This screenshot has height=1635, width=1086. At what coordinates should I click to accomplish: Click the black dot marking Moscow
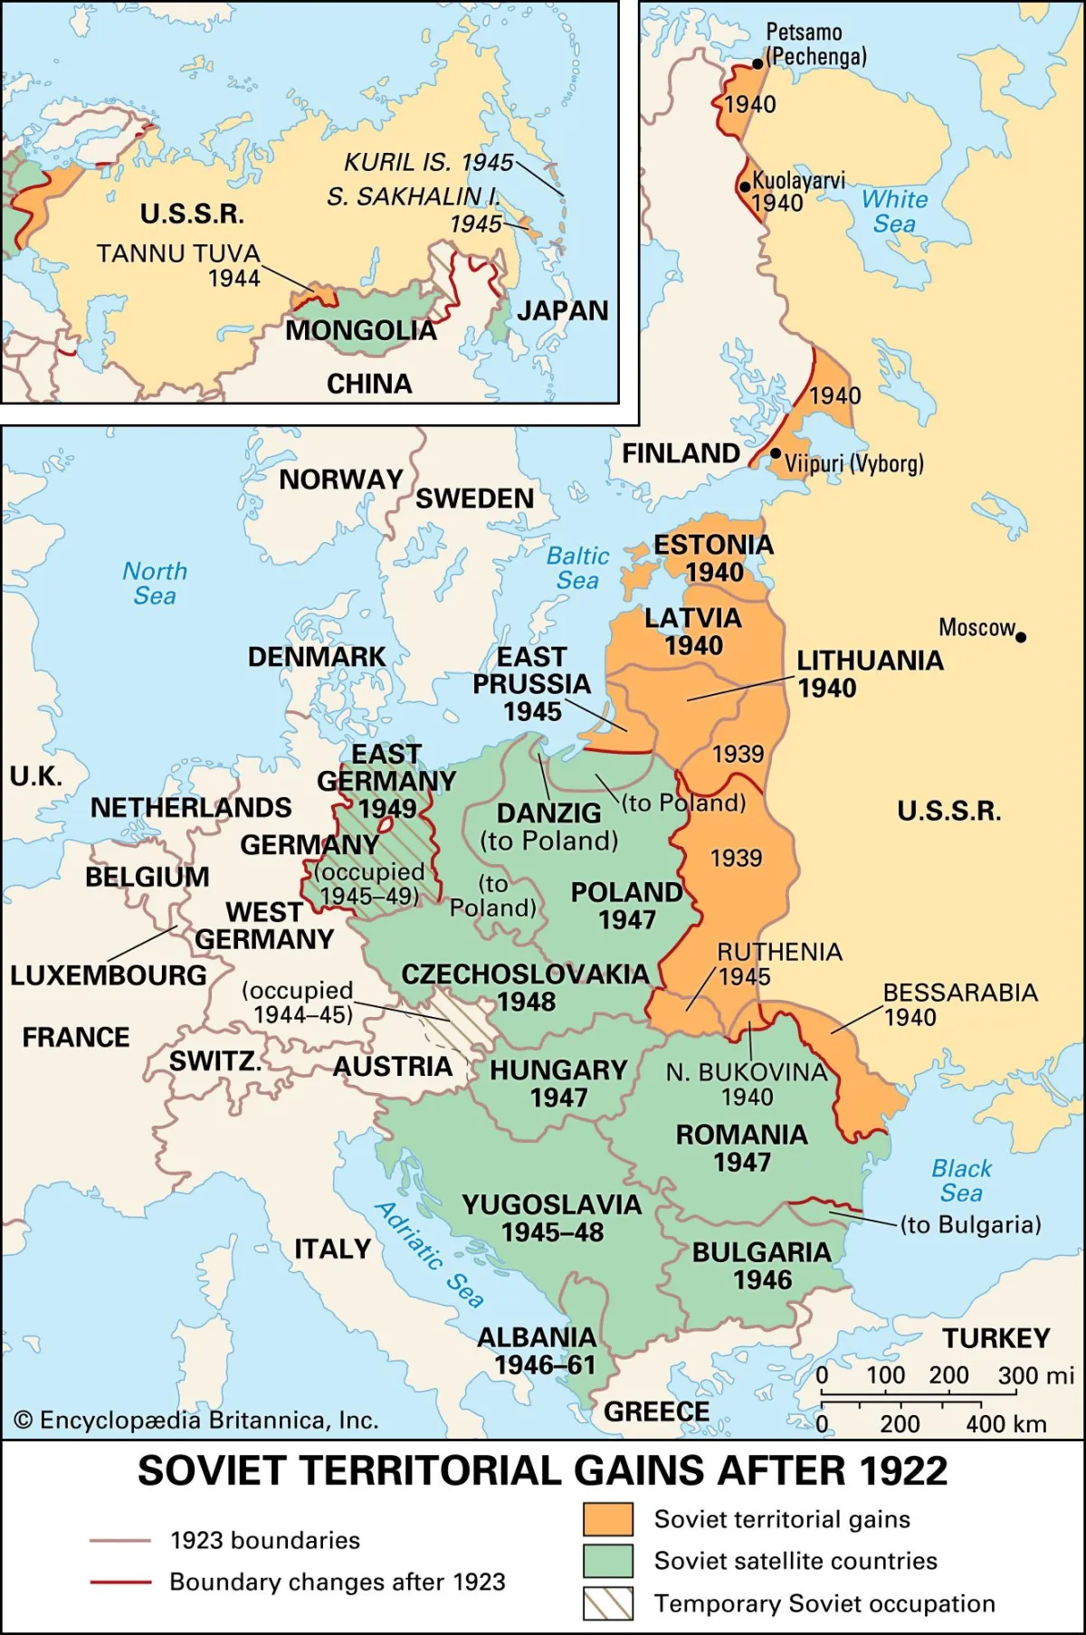click(x=1021, y=637)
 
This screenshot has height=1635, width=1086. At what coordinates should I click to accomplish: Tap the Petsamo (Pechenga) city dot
click(x=757, y=63)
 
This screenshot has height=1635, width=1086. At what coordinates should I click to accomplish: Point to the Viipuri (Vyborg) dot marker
click(x=776, y=453)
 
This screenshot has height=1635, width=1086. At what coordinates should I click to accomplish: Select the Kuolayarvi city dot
click(x=745, y=187)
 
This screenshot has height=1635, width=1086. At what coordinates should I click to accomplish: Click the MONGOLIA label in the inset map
click(x=360, y=331)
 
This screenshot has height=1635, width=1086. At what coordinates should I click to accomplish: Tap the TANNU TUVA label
click(x=178, y=253)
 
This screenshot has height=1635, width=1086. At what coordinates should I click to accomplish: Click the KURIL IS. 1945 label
click(x=428, y=162)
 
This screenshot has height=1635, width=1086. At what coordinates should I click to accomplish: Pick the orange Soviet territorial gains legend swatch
click(x=607, y=1519)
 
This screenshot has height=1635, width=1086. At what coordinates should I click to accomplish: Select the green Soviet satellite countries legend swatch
click(x=607, y=1561)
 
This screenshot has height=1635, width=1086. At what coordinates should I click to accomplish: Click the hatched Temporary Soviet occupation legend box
click(x=607, y=1603)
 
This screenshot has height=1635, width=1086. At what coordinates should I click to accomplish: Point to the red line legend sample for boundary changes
click(x=120, y=1583)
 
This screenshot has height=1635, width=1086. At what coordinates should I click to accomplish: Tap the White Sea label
click(x=894, y=211)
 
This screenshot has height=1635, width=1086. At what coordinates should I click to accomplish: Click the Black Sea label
click(x=961, y=1181)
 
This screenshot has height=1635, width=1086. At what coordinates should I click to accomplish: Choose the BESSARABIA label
click(x=960, y=993)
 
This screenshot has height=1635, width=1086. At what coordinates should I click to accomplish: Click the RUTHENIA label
click(x=779, y=952)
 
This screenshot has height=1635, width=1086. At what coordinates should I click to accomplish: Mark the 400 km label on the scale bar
click(x=1005, y=1424)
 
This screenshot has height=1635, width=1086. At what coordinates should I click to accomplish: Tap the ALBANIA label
click(x=537, y=1337)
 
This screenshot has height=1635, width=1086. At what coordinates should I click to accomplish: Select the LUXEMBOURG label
click(x=108, y=975)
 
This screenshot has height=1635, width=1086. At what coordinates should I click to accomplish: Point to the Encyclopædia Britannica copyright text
click(x=196, y=1421)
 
